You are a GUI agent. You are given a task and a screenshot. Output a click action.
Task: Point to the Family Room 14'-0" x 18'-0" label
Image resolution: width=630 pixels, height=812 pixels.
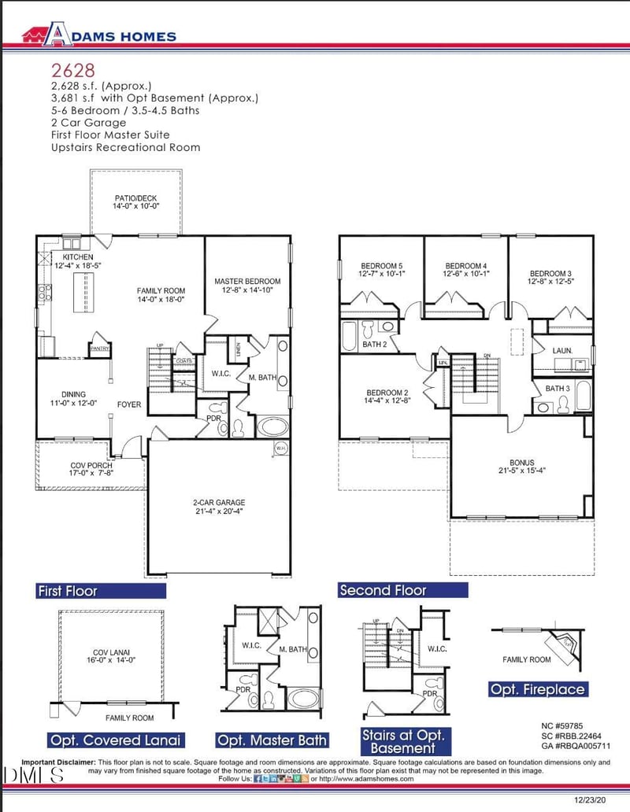(x=161, y=295)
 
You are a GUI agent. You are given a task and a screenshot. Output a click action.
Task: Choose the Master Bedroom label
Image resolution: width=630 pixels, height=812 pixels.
(x=247, y=286)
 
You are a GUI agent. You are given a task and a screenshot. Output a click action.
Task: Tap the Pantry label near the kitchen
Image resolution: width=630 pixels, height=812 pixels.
(x=99, y=347)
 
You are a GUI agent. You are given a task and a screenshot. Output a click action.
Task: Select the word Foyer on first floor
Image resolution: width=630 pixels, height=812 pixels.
(x=129, y=405)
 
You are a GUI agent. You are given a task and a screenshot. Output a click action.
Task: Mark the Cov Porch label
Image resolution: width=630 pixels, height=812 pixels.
(x=91, y=471)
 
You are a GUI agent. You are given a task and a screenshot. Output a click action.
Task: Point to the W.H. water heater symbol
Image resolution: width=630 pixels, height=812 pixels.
(x=281, y=448)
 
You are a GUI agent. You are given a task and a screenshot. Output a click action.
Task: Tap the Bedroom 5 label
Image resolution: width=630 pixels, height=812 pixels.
(x=382, y=270)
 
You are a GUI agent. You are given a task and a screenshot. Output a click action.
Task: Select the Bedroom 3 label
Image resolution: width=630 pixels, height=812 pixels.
(x=550, y=278)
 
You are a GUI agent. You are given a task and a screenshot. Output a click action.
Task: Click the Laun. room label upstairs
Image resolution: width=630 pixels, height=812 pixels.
(x=561, y=350)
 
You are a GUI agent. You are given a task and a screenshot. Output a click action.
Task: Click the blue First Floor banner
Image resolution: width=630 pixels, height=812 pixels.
(x=101, y=591)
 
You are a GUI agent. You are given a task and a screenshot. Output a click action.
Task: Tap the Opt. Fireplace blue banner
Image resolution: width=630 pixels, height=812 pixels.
(x=538, y=690)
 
